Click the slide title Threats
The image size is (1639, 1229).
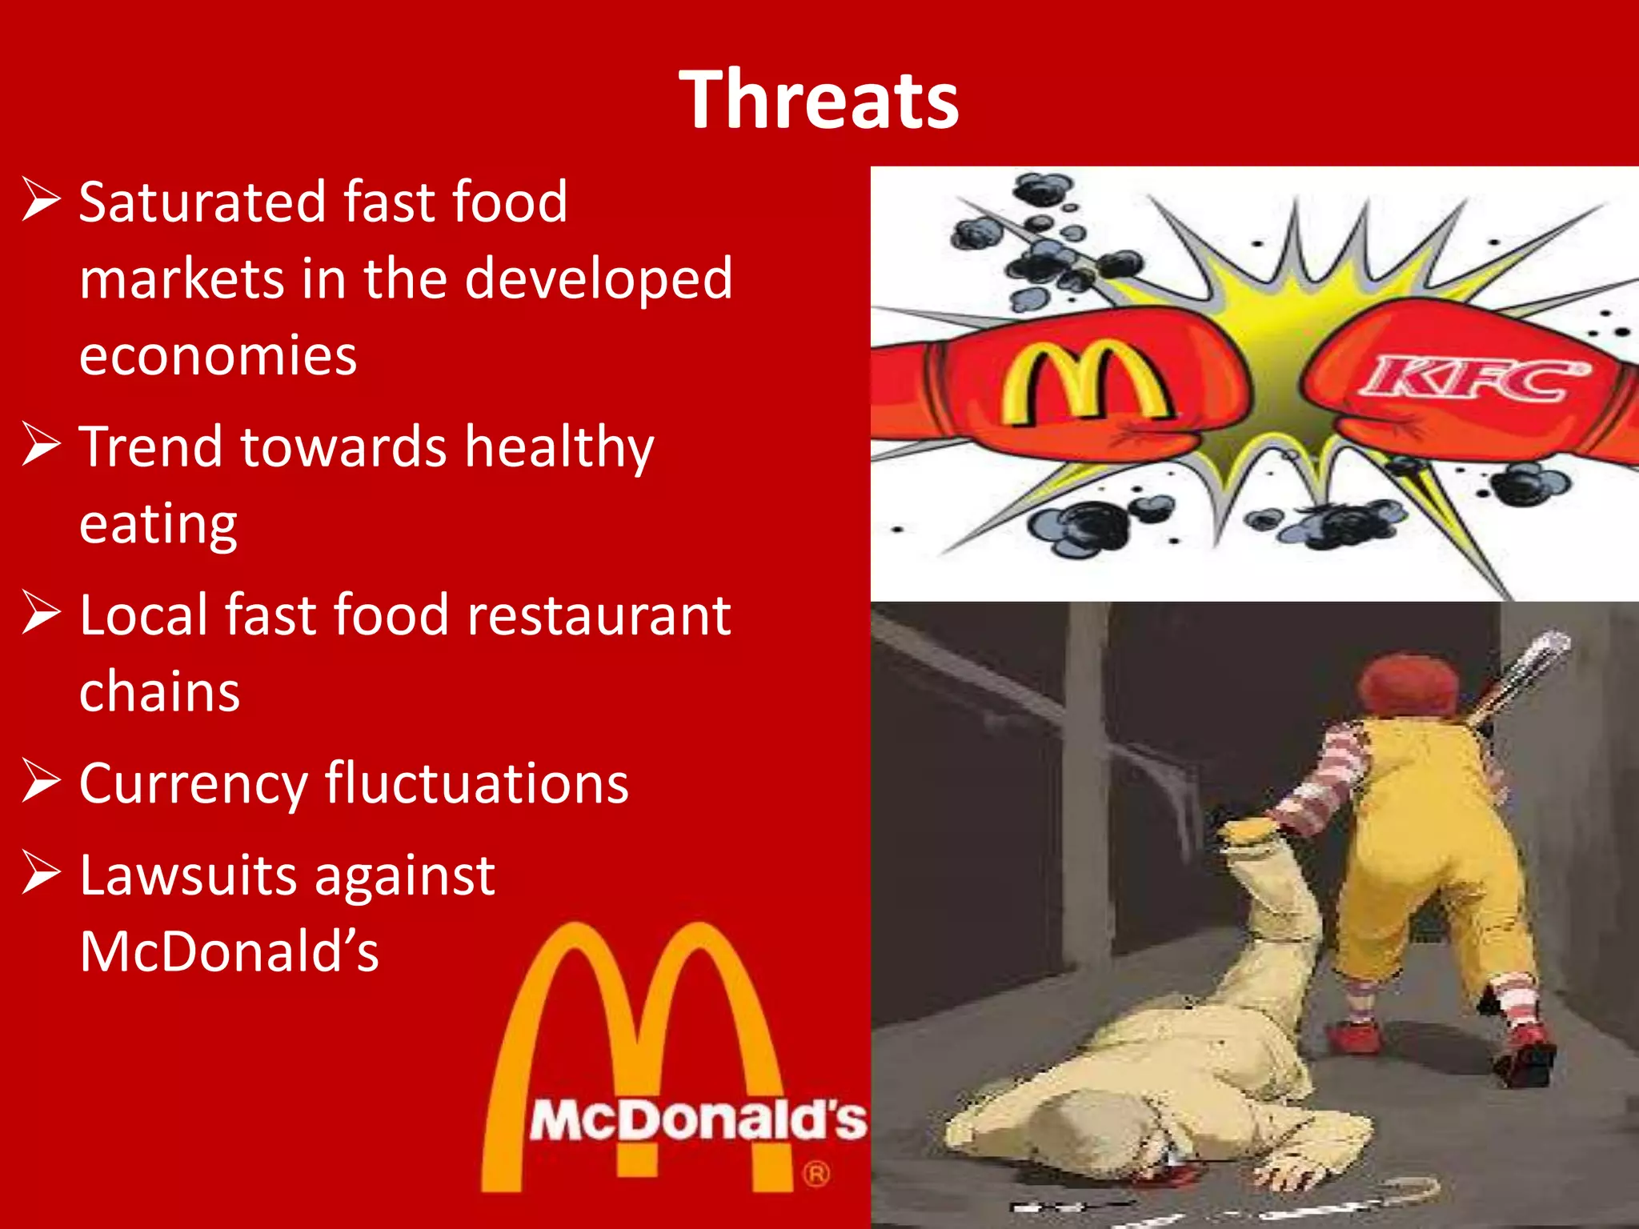pyautogui.click(x=819, y=99)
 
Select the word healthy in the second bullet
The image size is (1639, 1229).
pyautogui.click(x=559, y=446)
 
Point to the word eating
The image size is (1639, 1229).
pyautogui.click(x=158, y=524)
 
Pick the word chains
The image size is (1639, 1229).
pyautogui.click(x=159, y=691)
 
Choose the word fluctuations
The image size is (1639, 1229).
pyautogui.click(x=477, y=783)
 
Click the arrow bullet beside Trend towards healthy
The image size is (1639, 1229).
pyautogui.click(x=41, y=445)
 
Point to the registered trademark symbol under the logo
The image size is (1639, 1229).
pyautogui.click(x=815, y=1175)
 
